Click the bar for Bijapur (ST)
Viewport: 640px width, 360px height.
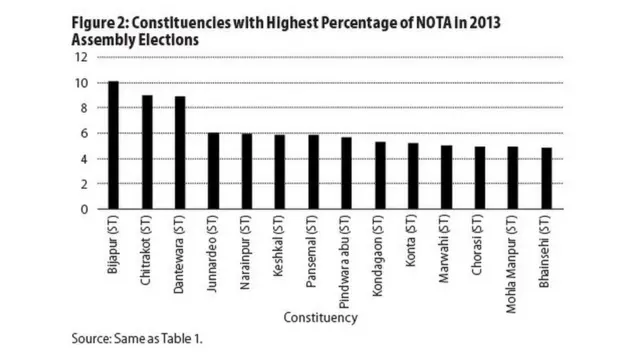(x=113, y=145)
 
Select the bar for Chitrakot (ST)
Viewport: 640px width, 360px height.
(x=147, y=152)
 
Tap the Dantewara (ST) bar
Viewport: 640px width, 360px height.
(x=180, y=153)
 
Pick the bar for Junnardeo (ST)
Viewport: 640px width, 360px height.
(x=213, y=171)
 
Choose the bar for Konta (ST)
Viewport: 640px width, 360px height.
(x=413, y=176)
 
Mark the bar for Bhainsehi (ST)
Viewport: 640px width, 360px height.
(x=546, y=179)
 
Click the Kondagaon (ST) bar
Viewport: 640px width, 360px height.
(x=380, y=176)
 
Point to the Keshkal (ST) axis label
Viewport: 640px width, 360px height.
(x=280, y=247)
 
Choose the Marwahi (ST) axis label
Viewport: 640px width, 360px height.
(x=447, y=249)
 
